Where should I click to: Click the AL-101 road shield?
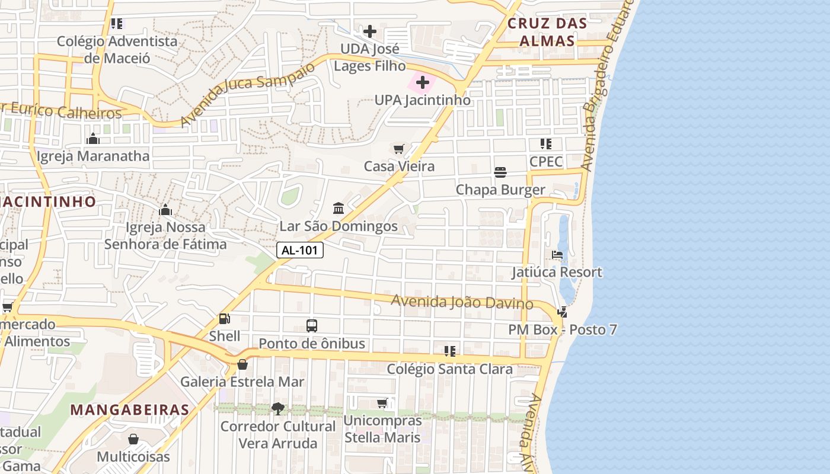click(300, 250)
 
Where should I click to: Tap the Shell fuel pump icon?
click(225, 319)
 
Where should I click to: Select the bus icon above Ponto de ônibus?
click(312, 325)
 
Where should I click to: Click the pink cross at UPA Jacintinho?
click(422, 82)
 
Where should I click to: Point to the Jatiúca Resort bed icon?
click(557, 255)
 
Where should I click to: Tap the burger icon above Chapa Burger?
click(500, 172)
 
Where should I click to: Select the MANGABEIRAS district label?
click(130, 409)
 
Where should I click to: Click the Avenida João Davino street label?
click(462, 302)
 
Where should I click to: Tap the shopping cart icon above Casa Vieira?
click(399, 149)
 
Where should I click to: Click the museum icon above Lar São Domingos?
click(339, 208)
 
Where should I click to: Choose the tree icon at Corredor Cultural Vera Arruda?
click(278, 408)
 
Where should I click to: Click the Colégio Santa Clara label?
click(449, 369)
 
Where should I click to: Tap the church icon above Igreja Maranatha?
click(93, 139)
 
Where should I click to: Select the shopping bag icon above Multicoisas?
click(133, 439)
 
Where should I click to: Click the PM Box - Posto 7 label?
click(563, 329)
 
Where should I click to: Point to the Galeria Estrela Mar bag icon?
click(242, 364)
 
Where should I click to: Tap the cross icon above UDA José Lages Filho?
click(370, 31)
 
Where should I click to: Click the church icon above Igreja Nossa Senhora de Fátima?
click(165, 210)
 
